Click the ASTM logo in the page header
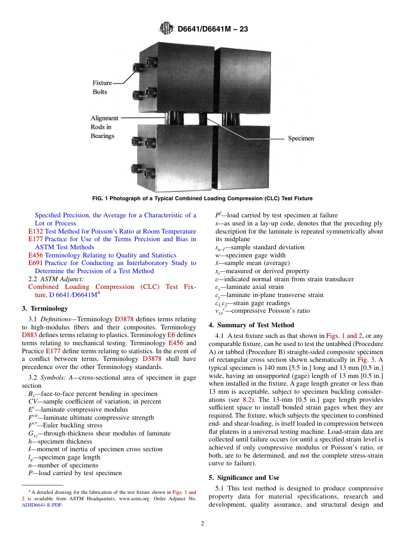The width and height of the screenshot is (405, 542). coord(166,29)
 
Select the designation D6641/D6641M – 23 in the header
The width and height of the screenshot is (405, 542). coord(212,29)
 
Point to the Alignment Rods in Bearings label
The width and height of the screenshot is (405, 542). coord(104,127)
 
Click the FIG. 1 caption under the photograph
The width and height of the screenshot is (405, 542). coord(202,198)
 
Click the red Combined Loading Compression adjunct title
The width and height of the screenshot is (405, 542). coord(112,287)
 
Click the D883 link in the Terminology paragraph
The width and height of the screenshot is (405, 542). coord(29,335)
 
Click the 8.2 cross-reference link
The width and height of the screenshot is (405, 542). coord(247,400)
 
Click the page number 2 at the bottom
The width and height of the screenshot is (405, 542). coord(202,524)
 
